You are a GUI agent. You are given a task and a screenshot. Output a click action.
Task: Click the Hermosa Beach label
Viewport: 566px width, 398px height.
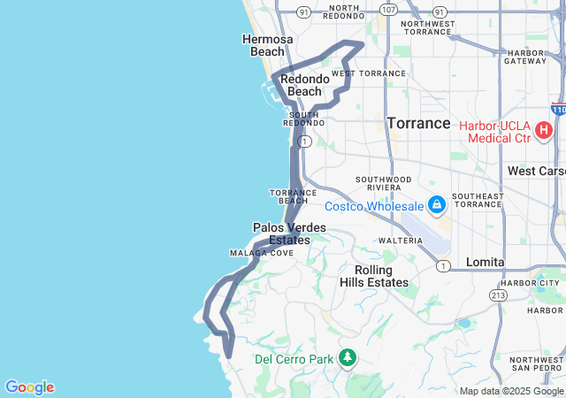tap(263, 45)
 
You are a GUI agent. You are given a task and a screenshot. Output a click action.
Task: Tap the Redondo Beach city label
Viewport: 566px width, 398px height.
tap(305, 85)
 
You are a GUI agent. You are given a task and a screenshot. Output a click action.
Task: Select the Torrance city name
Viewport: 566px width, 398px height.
tap(418, 123)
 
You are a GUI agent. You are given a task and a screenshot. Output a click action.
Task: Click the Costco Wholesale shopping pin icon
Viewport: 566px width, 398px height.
tap(436, 206)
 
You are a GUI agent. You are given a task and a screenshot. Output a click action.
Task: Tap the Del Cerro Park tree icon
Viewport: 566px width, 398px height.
tap(349, 358)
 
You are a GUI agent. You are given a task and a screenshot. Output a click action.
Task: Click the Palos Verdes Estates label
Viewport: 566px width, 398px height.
tap(289, 233)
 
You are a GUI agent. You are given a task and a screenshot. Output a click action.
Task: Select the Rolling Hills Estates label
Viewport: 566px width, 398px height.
tap(374, 276)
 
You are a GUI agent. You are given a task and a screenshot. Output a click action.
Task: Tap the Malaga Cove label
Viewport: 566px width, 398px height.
tap(262, 253)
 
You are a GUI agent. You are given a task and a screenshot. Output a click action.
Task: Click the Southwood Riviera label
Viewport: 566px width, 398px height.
tap(383, 183)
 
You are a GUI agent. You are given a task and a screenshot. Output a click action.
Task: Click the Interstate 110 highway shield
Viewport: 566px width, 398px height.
tap(558, 108)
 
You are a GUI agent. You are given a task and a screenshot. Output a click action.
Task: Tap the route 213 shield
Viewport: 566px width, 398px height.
tap(499, 295)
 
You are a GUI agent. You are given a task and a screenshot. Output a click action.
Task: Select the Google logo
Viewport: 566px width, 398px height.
tap(29, 387)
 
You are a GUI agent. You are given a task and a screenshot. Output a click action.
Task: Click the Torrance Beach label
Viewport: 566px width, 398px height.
tap(287, 196)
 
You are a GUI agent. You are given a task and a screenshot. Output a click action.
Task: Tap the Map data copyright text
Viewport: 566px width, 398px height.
tap(511, 391)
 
